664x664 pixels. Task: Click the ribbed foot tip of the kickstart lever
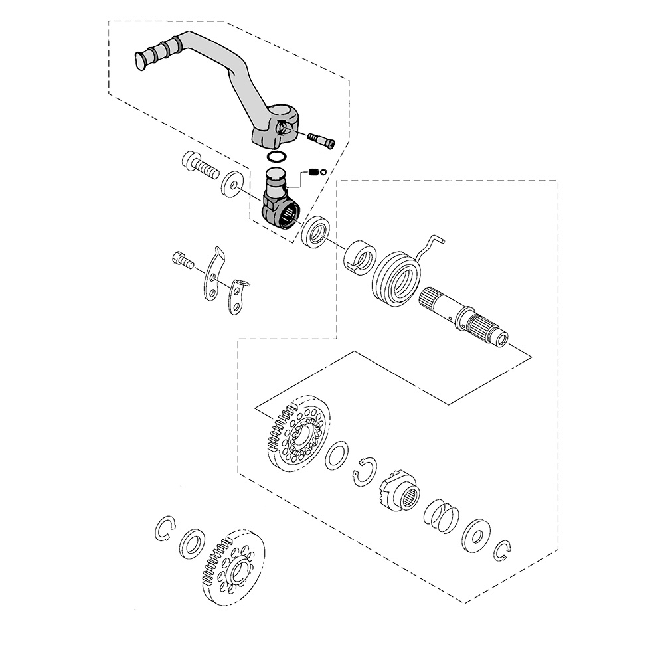tap(147, 56)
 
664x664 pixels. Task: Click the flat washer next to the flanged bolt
tap(232, 183)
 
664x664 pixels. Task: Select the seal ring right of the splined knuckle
tap(315, 232)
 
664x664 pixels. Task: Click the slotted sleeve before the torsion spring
tap(360, 256)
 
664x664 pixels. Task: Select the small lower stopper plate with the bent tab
tap(237, 296)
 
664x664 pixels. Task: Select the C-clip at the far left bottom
tap(164, 529)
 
